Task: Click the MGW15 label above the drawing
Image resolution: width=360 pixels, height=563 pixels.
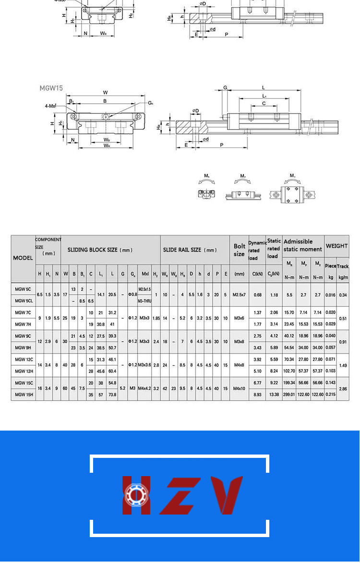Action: [51, 88]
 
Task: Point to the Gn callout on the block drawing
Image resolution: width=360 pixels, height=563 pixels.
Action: [150, 103]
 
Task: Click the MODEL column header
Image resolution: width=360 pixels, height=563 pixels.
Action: [23, 258]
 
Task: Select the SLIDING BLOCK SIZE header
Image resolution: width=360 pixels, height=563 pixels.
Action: [100, 250]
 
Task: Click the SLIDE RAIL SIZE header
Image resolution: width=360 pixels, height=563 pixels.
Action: [190, 250]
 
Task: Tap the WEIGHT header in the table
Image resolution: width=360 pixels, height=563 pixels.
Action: [336, 246]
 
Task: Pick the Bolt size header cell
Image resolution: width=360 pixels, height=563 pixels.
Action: [239, 250]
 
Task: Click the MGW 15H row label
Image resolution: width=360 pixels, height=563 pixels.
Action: [24, 395]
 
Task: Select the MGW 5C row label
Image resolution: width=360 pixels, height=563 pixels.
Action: [23, 289]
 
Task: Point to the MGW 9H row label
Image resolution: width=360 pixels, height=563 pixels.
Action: [23, 347]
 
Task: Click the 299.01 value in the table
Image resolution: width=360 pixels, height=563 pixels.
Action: [289, 395]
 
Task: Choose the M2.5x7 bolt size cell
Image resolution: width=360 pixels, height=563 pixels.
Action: [239, 295]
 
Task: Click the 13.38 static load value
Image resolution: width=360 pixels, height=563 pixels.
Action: [274, 395]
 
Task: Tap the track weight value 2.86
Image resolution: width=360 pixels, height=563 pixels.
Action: [343, 389]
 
